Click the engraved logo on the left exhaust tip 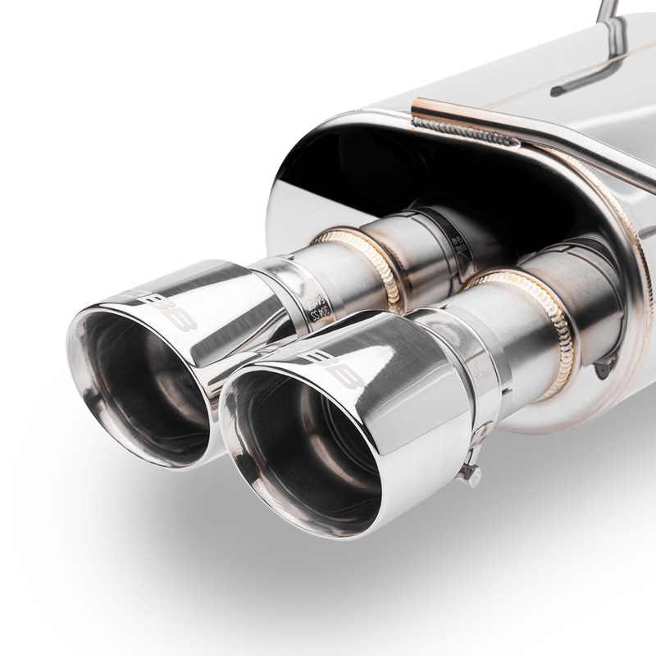coord(168,309)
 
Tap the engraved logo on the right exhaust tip coord(334,369)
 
